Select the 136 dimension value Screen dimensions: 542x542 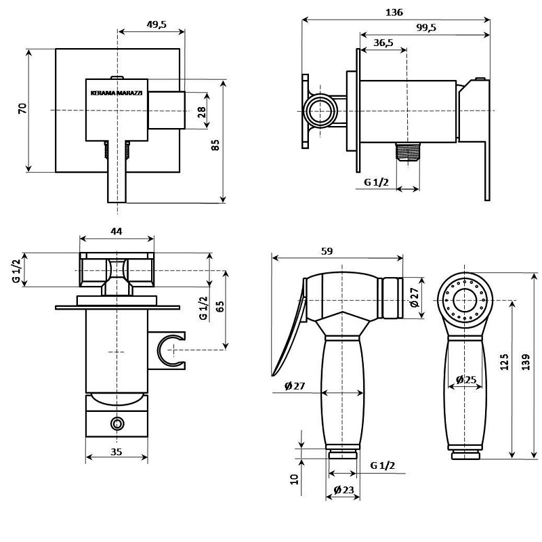pyautogui.click(x=394, y=12)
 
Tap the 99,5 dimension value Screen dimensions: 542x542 pyautogui.click(x=426, y=27)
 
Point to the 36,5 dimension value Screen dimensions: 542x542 pyautogui.click(x=383, y=43)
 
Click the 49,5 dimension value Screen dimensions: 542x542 pyautogui.click(x=157, y=24)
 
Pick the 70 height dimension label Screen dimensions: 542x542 pyautogui.click(x=22, y=108)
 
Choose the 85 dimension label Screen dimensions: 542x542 pyautogui.click(x=215, y=145)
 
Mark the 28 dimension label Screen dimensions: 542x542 pyautogui.click(x=201, y=112)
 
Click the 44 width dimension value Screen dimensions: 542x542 pyautogui.click(x=117, y=231)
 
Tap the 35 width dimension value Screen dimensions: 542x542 pyautogui.click(x=117, y=452)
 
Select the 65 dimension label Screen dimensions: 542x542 pyautogui.click(x=220, y=307)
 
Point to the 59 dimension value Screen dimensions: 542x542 pyautogui.click(x=327, y=251)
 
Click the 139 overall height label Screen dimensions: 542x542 pyautogui.click(x=526, y=362)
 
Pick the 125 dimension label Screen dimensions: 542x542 pyautogui.click(x=505, y=362)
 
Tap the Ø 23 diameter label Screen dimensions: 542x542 pyautogui.click(x=344, y=490)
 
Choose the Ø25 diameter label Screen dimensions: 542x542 pyautogui.click(x=466, y=380)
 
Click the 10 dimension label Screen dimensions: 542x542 pyautogui.click(x=294, y=479)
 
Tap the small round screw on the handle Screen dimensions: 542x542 pyautogui.click(x=117, y=423)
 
